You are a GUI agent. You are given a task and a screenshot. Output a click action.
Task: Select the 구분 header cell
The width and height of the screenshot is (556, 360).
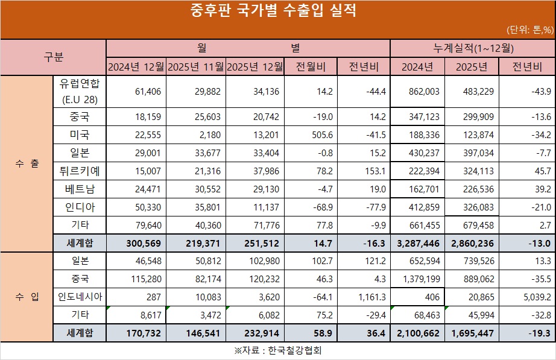[53, 57]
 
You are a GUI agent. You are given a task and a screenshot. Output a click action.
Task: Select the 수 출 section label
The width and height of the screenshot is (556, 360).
[27, 163]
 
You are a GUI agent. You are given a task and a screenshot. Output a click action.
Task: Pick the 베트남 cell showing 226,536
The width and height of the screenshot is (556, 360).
[473, 189]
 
